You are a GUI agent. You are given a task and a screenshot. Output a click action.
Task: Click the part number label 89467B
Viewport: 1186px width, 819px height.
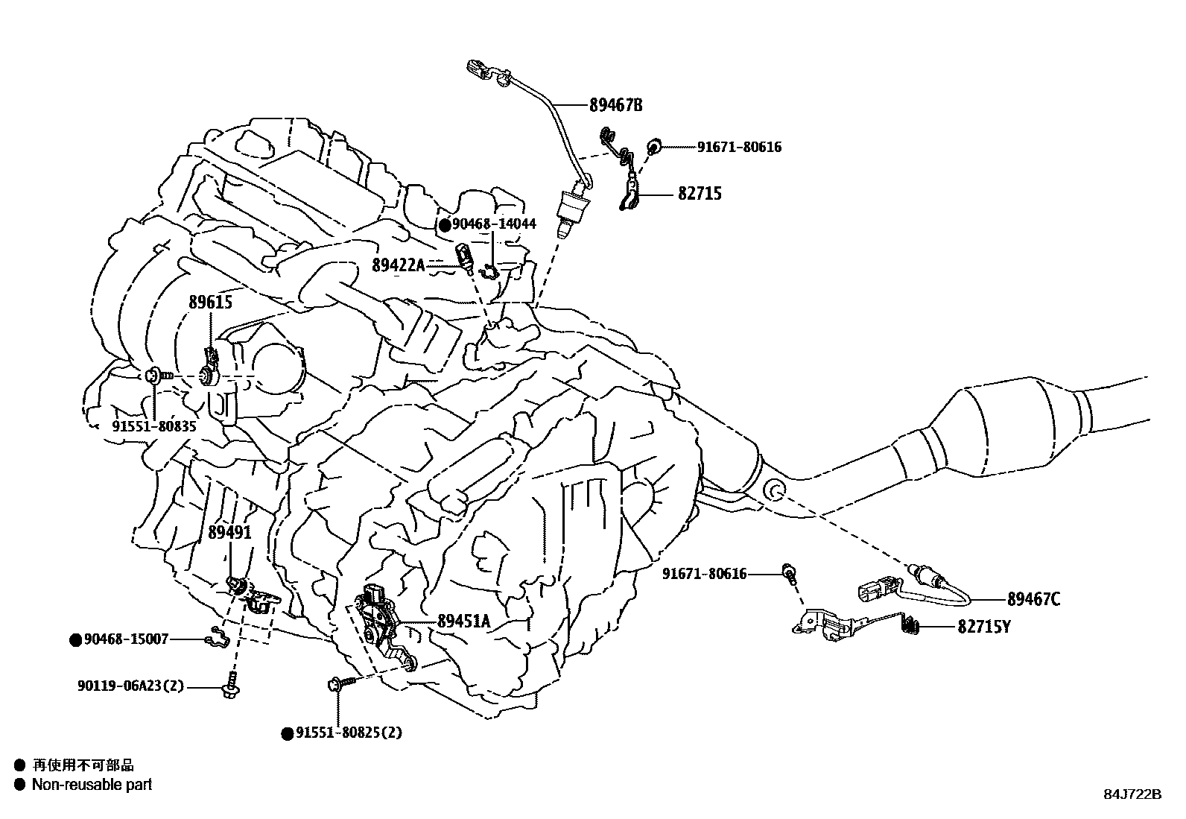tap(615, 105)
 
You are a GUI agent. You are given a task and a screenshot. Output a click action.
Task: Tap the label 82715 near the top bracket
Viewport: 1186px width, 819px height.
tap(700, 194)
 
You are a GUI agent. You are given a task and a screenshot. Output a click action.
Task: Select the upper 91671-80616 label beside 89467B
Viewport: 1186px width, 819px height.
tap(739, 148)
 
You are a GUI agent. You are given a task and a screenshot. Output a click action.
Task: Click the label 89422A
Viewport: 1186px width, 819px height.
tap(399, 265)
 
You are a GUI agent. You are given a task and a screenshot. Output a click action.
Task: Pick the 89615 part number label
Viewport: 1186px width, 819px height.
tap(210, 302)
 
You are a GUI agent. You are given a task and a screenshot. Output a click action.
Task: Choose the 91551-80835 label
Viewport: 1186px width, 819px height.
tap(154, 426)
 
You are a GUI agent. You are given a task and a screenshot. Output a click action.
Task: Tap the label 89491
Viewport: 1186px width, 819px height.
tap(229, 533)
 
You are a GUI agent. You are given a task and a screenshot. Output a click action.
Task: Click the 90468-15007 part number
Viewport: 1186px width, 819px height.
tap(126, 639)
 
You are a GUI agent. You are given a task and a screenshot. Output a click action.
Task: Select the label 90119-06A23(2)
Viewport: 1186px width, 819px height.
tap(130, 686)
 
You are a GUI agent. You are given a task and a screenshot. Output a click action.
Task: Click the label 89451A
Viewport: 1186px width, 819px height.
tap(463, 620)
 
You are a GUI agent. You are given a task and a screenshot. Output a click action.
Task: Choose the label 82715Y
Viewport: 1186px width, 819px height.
tap(984, 627)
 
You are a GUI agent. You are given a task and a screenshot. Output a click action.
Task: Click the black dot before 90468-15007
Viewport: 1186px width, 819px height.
tap(75, 639)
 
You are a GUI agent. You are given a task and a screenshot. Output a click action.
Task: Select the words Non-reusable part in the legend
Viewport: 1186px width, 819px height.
tap(92, 785)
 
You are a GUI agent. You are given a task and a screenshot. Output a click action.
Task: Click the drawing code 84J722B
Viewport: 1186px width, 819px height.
tap(1132, 794)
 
